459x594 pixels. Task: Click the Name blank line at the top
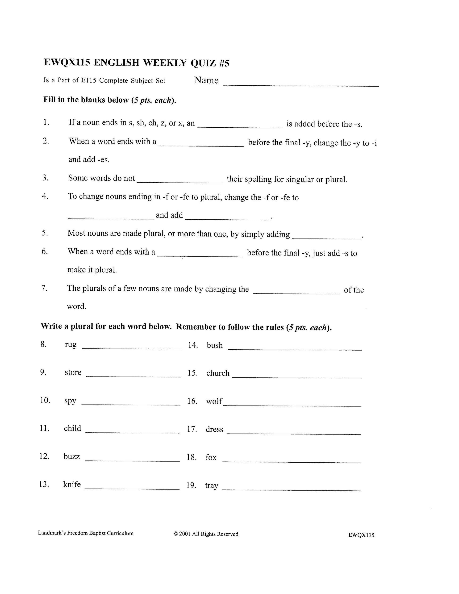click(301, 85)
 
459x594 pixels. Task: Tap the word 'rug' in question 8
click(71, 345)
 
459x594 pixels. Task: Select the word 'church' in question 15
click(217, 373)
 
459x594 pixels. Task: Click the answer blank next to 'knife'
click(132, 489)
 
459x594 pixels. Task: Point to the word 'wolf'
click(214, 401)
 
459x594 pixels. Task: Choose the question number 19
click(191, 485)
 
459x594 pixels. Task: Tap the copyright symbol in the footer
click(175, 534)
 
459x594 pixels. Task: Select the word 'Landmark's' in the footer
click(52, 533)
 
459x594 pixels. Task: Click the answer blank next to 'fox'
click(292, 462)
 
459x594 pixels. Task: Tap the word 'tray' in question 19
click(212, 486)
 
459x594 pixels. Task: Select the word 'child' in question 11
click(72, 428)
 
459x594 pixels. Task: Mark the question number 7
click(44, 288)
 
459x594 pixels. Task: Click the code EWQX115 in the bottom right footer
click(361, 535)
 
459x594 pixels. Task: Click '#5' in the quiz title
click(224, 63)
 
